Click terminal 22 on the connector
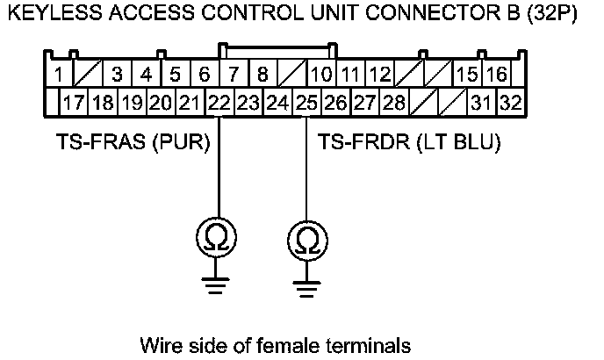(219, 103)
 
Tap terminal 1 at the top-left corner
(56, 75)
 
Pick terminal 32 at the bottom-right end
(510, 103)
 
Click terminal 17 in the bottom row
(74, 103)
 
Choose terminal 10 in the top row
(322, 75)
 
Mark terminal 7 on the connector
(234, 75)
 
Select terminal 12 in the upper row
(379, 75)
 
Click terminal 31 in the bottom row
(480, 103)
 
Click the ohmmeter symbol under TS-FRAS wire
(213, 238)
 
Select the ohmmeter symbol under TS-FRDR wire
(305, 239)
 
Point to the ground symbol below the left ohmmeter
(213, 282)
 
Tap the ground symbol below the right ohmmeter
(305, 282)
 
